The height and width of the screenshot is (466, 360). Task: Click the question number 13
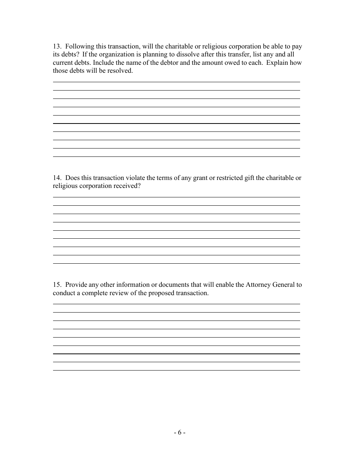tap(57, 47)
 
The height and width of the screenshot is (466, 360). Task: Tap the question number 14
tap(57, 178)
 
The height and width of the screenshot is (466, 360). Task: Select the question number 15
tap(57, 285)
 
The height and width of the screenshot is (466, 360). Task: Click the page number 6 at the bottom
tap(180, 433)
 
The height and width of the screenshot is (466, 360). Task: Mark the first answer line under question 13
tap(176, 81)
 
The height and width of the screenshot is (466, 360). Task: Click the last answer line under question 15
tap(176, 370)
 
